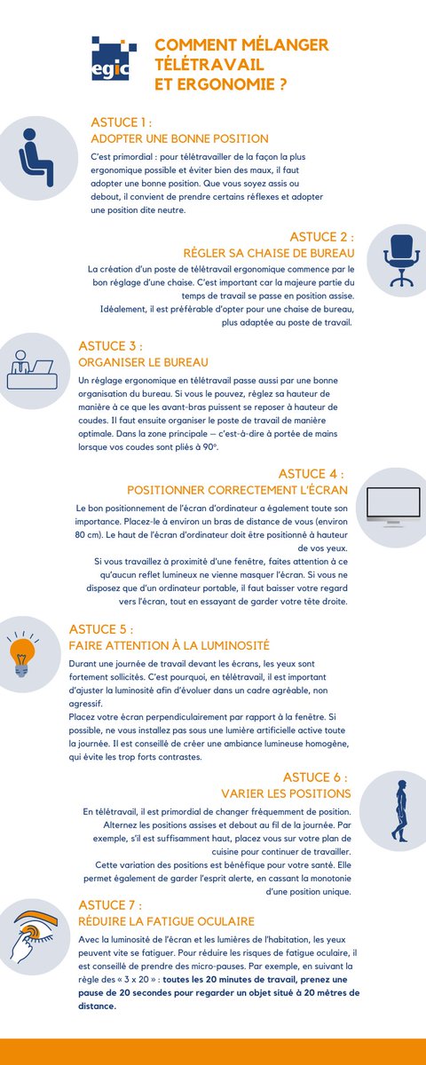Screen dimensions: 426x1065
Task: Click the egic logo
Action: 114,58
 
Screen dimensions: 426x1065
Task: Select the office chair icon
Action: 400,257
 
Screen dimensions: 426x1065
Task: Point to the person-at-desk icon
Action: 31,369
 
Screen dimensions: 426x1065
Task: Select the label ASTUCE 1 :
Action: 122,122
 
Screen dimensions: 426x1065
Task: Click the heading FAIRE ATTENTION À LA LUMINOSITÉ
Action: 169,645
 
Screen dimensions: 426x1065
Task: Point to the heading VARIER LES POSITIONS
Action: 285,793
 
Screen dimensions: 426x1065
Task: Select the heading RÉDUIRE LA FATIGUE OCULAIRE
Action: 167,921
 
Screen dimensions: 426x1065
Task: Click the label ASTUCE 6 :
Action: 315,776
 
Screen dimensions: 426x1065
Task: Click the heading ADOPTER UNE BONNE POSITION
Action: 179,138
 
